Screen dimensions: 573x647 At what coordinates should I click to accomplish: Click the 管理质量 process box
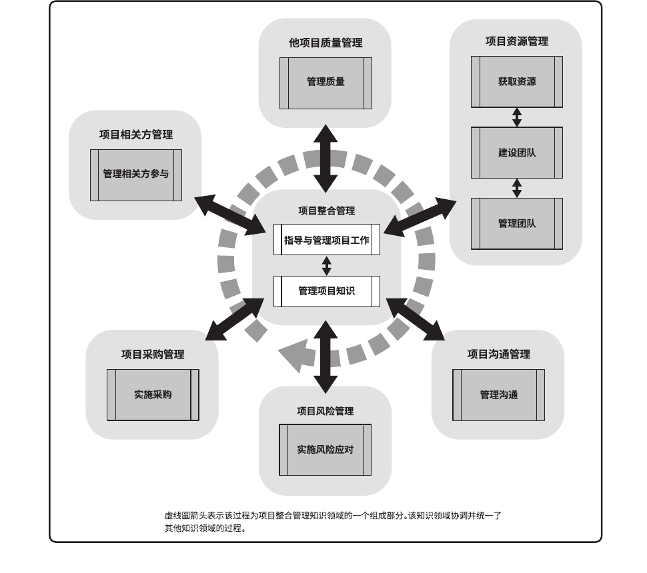point(326,83)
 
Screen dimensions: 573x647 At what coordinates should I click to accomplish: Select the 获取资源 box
point(516,82)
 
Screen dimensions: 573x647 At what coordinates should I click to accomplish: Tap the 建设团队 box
point(516,153)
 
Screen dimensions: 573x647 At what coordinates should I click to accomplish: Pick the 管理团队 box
point(516,224)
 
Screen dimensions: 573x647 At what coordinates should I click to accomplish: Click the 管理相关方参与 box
point(136,175)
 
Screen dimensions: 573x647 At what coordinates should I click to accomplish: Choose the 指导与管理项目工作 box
point(326,240)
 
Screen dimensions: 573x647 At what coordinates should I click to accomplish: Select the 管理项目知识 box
point(326,291)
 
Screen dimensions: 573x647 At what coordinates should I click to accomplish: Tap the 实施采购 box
point(153,394)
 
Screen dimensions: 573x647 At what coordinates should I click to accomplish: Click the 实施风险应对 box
point(325,450)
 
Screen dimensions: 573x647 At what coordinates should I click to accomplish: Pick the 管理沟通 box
point(498,395)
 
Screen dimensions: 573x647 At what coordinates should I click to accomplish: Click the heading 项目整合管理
point(326,211)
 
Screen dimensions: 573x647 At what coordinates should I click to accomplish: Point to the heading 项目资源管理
point(516,41)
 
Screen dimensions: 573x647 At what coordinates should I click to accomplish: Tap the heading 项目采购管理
point(153,354)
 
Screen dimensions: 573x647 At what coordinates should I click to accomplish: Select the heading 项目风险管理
point(325,411)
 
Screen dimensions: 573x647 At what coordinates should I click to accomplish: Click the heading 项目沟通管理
point(498,354)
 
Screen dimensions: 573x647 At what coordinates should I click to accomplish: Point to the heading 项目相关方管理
point(136,135)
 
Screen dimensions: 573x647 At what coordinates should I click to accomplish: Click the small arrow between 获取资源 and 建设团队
point(516,117)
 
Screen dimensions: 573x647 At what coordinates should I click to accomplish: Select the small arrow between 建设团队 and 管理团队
point(516,188)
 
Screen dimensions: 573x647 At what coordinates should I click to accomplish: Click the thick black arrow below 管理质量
point(326,158)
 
